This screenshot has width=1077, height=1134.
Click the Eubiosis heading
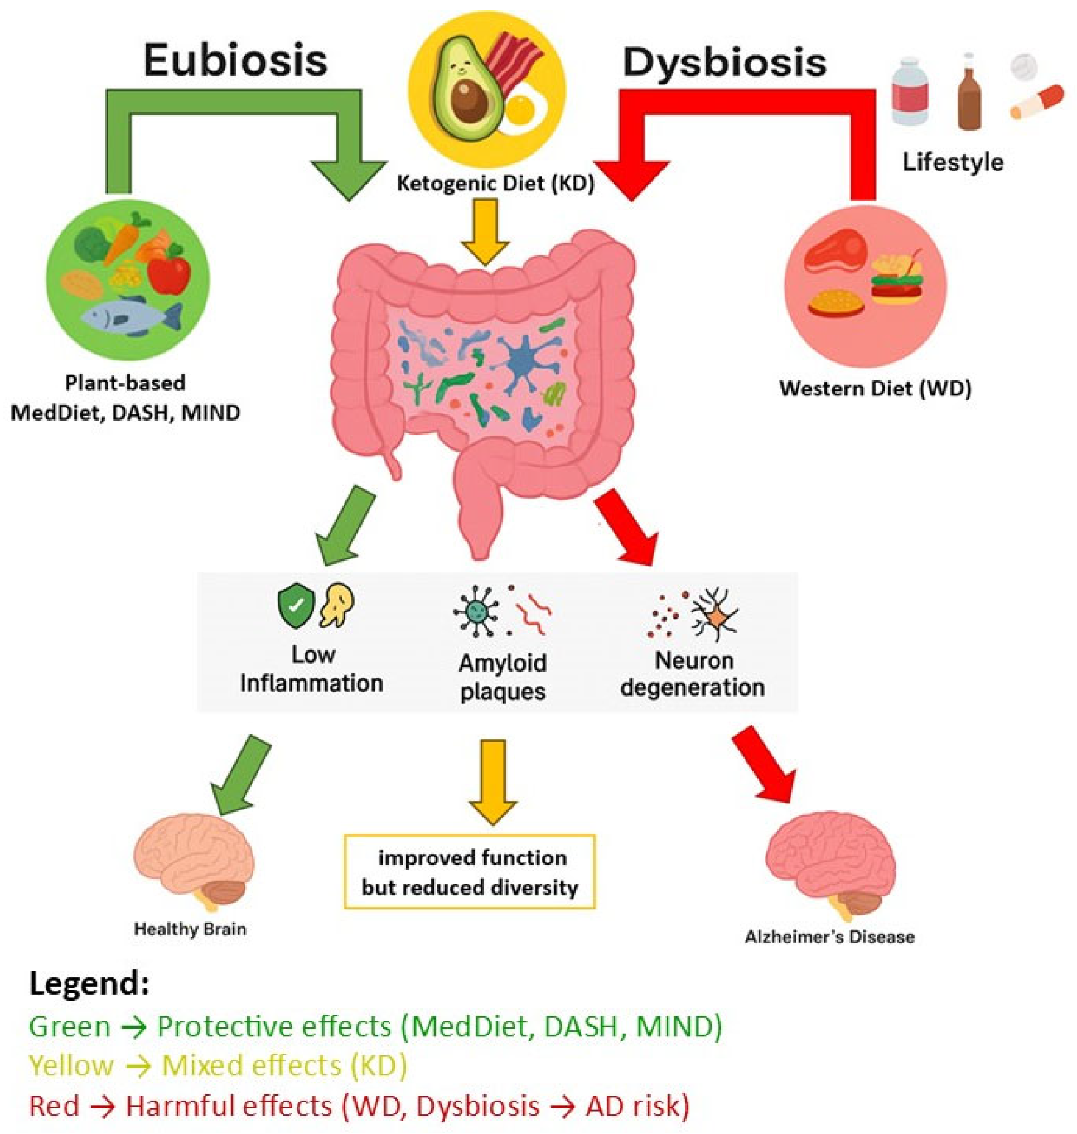235,60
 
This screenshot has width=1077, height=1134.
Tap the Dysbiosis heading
725,62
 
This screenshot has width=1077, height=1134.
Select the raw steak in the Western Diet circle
835,251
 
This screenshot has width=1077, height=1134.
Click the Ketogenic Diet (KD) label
495,184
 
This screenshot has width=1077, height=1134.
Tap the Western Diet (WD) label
875,389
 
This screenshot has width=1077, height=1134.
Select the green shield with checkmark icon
296,606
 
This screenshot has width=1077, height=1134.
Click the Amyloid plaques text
503,678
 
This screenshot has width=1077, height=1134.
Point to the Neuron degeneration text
693,673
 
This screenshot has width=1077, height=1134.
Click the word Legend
89,983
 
